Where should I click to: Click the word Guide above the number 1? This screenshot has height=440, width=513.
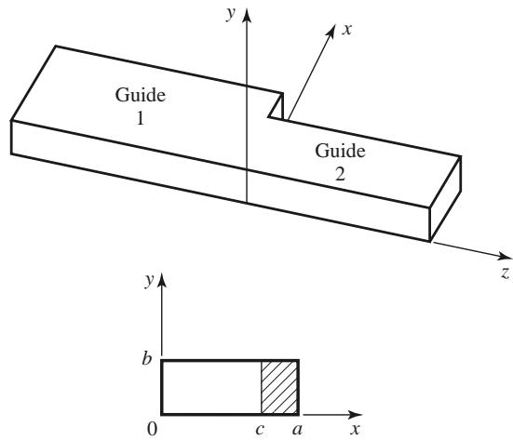[x=141, y=95]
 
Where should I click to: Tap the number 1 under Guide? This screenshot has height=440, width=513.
[x=141, y=118]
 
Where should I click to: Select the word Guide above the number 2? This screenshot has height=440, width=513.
[x=340, y=151]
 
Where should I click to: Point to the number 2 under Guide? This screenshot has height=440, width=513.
[x=340, y=174]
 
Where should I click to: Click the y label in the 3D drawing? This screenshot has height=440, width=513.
[x=231, y=13]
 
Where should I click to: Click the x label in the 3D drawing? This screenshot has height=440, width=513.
[x=346, y=30]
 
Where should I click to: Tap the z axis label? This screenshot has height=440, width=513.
[x=506, y=273]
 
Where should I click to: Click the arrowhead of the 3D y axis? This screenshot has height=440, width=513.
[x=248, y=16]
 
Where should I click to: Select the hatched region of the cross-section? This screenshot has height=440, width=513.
[x=279, y=387]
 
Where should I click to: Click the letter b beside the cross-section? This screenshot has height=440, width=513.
[x=147, y=358]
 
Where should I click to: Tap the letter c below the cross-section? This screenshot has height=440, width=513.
[x=260, y=430]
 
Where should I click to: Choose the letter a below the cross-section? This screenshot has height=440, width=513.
[x=297, y=430]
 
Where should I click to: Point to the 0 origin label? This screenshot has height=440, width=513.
[x=152, y=429]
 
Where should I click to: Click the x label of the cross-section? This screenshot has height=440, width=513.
[x=355, y=429]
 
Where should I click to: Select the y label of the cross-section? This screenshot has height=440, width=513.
[x=150, y=280]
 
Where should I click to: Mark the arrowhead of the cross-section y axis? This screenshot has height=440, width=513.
[x=162, y=281]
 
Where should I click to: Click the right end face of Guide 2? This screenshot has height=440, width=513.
[x=445, y=198]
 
